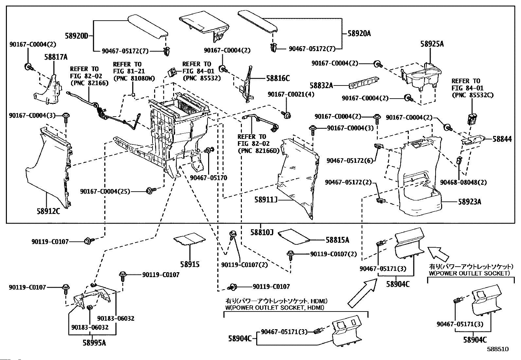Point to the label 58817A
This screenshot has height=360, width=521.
[56, 57]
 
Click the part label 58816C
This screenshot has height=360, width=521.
[278, 79]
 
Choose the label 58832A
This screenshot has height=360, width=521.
[321, 86]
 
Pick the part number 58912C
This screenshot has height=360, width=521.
[48, 211]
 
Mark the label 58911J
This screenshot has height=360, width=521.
[266, 199]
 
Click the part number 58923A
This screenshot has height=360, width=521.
[469, 202]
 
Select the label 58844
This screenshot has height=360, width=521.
[502, 139]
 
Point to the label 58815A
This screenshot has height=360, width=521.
[337, 240]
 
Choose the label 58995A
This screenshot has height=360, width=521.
[94, 343]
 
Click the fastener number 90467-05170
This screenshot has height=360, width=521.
[208, 178]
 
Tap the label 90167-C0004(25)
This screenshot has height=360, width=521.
[105, 191]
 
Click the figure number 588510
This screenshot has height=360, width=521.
[497, 349]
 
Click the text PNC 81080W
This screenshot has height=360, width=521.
[134, 78]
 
